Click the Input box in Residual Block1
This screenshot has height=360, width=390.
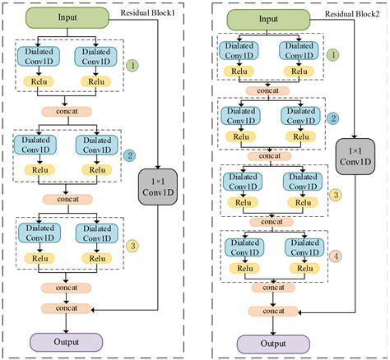tap(67, 17)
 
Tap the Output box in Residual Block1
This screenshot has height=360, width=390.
tap(67, 341)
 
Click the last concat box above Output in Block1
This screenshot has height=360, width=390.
tap(67, 307)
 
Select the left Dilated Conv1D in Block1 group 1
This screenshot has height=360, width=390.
tap(37, 56)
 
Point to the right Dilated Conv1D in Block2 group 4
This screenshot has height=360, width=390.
tap(301, 248)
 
